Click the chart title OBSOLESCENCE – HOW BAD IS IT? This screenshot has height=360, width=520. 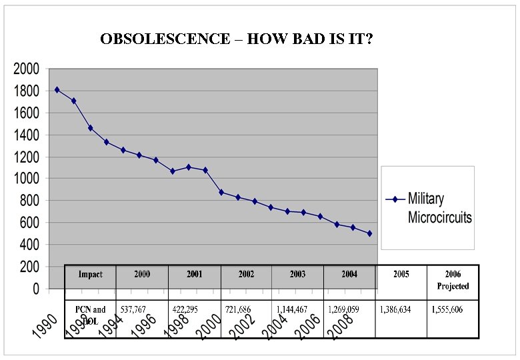coord(236,39)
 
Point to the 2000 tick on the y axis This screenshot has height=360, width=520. coord(26,69)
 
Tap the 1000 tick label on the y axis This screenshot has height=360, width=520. coord(26,179)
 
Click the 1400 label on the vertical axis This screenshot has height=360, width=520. coord(26,135)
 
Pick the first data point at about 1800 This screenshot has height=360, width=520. coord(57,89)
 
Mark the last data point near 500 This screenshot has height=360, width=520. coord(369,233)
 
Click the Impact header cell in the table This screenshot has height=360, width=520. coord(90,275)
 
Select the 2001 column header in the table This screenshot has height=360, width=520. coord(194,275)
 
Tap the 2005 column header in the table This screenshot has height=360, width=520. coord(401,274)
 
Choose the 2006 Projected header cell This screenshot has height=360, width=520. coord(453,280)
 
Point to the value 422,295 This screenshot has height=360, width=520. coord(187,310)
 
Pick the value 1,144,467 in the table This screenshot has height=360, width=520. coord(292,310)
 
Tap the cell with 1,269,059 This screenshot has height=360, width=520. coord(344,310)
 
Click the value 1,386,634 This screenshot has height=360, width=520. coord(396,310)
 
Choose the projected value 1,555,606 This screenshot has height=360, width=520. coord(447,310)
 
